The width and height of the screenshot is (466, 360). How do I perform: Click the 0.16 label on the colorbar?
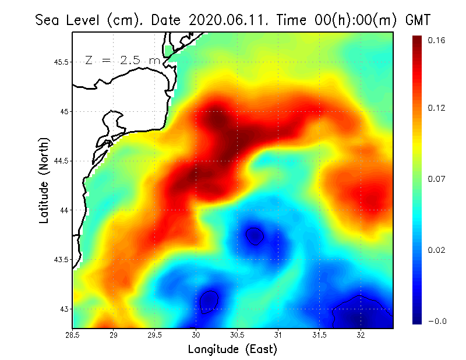436,40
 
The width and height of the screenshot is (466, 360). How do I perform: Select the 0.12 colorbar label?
436,108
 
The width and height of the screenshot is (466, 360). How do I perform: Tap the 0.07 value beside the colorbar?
436,179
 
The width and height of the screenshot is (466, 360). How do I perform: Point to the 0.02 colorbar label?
436,250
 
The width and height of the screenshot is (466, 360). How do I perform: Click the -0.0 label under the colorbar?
436,321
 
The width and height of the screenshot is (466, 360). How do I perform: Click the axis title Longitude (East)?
232,349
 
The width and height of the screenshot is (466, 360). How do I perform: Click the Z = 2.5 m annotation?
122,60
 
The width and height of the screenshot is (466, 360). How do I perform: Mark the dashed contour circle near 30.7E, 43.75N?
255,235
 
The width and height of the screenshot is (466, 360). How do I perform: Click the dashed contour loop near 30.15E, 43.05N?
209,302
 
